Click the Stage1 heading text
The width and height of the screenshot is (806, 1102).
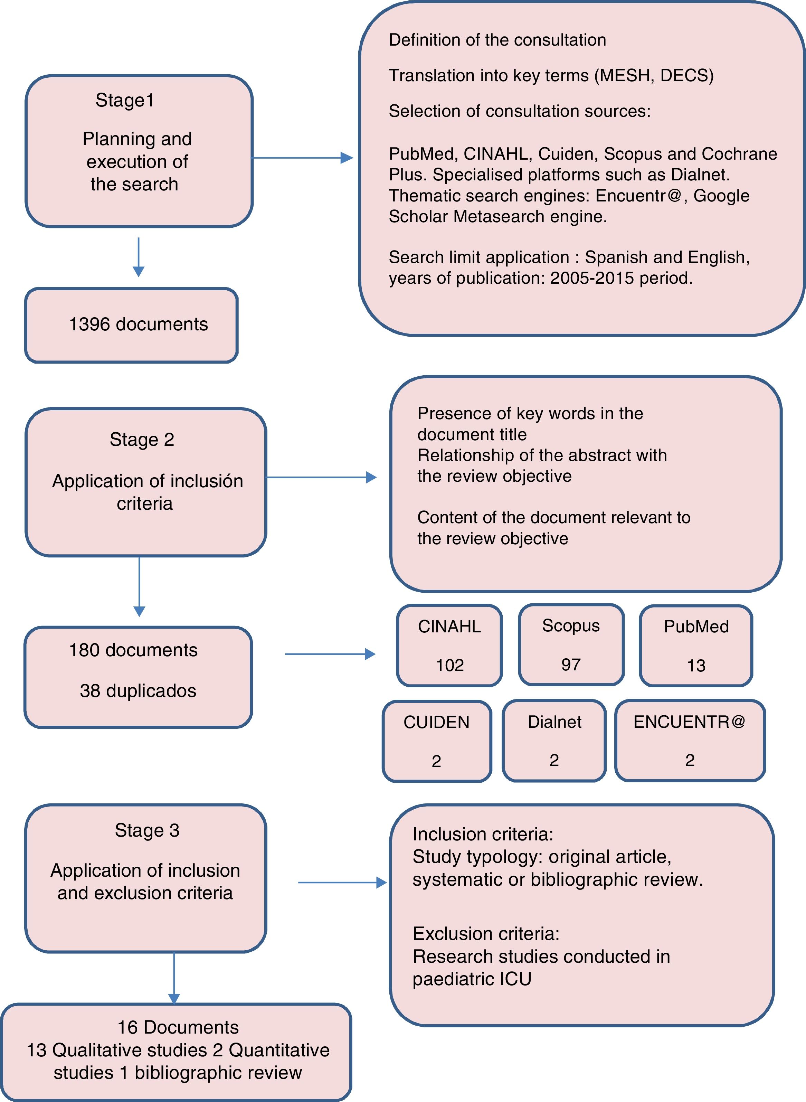[125, 101]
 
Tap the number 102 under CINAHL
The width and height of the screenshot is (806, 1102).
[449, 665]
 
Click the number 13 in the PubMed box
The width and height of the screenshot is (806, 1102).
[696, 665]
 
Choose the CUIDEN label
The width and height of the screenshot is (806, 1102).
[436, 722]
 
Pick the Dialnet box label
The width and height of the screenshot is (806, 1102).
[554, 722]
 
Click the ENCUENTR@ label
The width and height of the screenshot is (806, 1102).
[689, 721]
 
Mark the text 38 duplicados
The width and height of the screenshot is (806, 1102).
[138, 691]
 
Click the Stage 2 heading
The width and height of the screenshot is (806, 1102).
[142, 440]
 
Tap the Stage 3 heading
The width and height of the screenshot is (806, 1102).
[147, 831]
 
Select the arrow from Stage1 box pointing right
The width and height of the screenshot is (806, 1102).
[303, 158]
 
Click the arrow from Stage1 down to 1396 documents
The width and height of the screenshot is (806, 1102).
[139, 257]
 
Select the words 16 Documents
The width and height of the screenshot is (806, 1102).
[178, 1028]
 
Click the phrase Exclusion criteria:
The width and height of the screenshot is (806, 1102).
[486, 934]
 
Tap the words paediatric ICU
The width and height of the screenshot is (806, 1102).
[472, 979]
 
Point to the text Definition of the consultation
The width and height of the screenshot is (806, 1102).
[497, 40]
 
